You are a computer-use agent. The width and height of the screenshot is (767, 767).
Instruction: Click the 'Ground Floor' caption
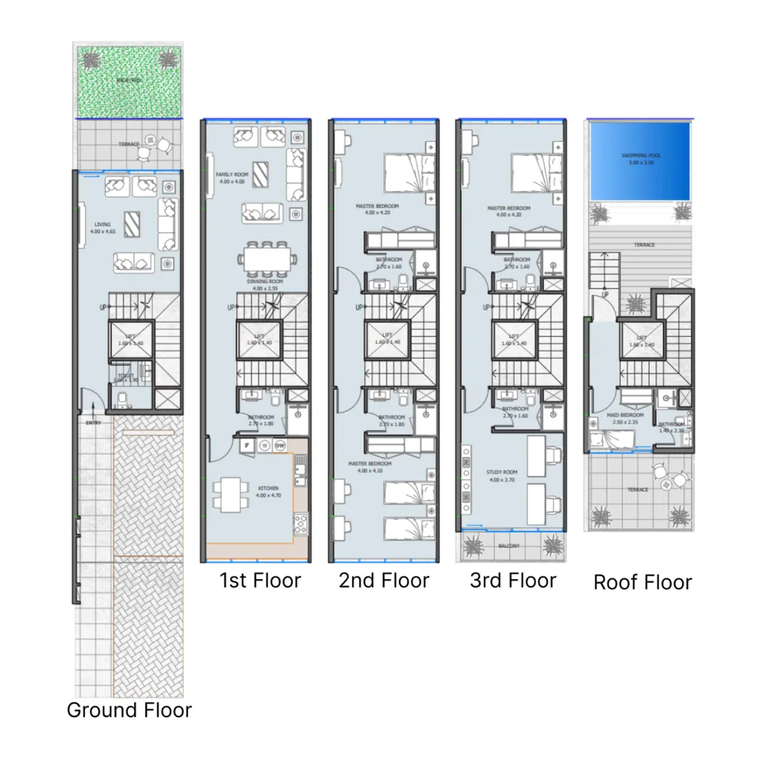click(129, 710)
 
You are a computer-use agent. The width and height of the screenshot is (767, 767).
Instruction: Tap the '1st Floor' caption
click(260, 581)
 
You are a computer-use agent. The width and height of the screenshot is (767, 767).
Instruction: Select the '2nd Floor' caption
click(384, 581)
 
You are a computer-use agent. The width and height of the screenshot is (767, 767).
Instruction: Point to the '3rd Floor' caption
click(513, 581)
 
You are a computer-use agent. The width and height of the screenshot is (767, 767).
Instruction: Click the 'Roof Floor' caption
click(643, 583)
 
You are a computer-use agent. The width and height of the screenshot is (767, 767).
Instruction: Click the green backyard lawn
click(128, 82)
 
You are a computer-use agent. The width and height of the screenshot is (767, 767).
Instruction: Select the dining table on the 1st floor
click(267, 260)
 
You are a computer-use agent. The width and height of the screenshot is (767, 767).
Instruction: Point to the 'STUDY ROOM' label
click(502, 472)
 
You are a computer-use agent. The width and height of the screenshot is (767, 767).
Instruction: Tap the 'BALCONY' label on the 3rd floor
click(510, 546)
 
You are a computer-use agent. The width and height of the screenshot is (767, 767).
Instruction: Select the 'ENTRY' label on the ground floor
click(94, 423)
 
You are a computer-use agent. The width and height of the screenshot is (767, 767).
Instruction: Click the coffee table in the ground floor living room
click(133, 223)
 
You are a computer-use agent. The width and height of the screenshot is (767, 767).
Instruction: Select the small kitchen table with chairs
click(231, 494)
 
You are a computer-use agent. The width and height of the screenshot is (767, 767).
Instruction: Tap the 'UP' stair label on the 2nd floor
click(357, 308)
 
